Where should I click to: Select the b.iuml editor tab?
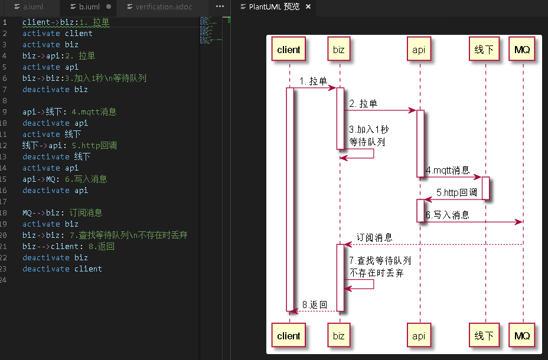89,7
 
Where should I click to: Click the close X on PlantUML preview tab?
308,7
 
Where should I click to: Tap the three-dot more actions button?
220,7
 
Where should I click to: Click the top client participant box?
289,50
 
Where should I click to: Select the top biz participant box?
338,50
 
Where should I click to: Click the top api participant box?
419,50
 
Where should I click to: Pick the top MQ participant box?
522,50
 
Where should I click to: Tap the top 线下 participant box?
484,50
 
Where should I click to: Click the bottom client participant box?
289,336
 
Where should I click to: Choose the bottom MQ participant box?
522,336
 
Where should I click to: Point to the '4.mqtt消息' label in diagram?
448,171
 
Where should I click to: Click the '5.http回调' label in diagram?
456,192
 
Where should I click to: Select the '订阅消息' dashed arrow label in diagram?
374,237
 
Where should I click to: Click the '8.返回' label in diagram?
315,304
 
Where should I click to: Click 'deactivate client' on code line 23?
62,269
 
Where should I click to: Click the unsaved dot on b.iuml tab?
109,7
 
